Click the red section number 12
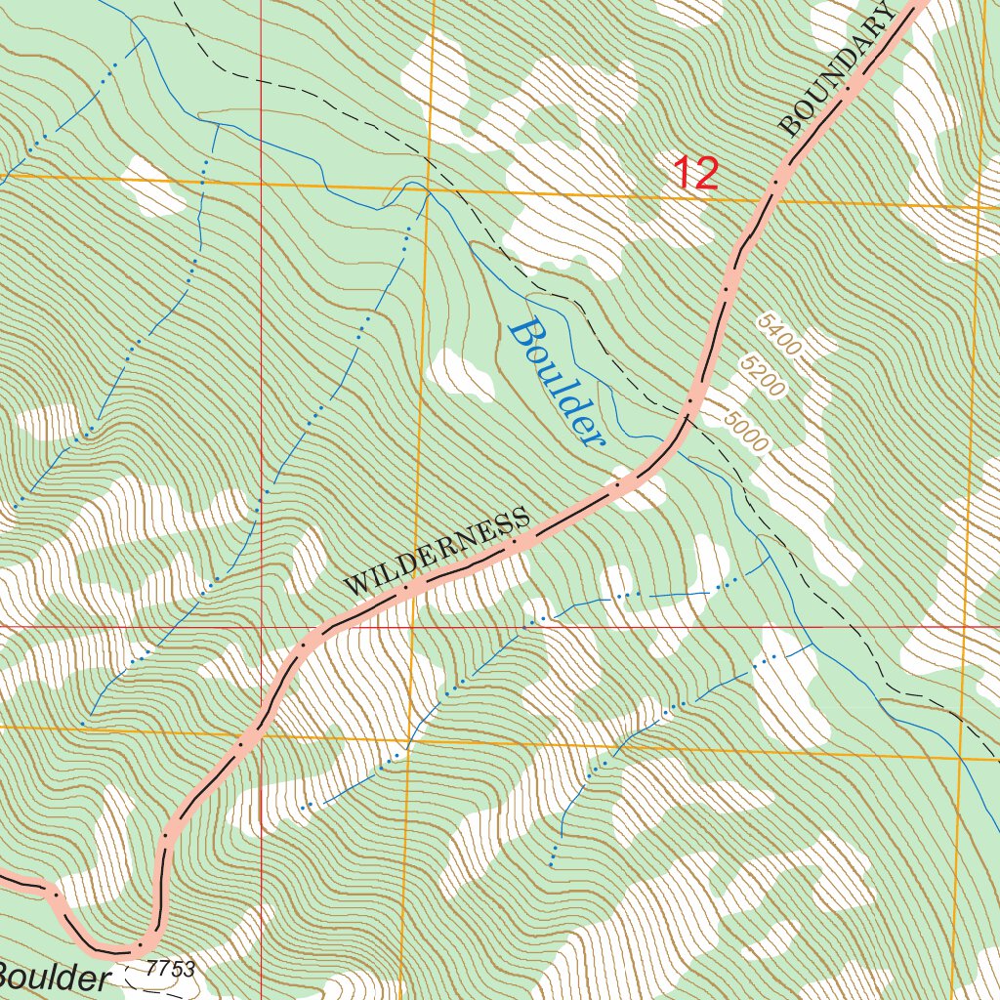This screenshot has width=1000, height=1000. point(696,174)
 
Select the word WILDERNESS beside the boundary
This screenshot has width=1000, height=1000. point(437,553)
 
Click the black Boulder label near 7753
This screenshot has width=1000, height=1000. point(51,978)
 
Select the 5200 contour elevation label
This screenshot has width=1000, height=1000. point(763,377)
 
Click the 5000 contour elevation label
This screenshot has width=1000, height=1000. point(747,430)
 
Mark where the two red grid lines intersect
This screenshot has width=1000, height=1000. point(262,626)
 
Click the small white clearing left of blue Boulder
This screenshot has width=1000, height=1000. point(462,374)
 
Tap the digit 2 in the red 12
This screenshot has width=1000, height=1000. point(706,174)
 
